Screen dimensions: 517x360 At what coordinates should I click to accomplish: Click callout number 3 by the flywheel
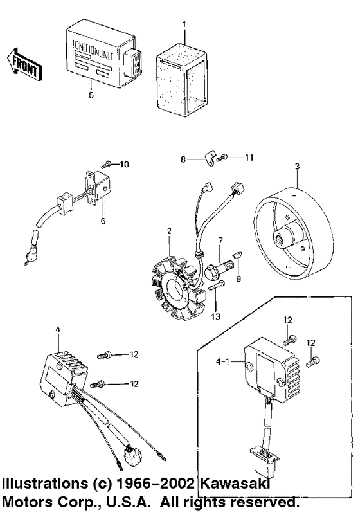pos(296,167)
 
